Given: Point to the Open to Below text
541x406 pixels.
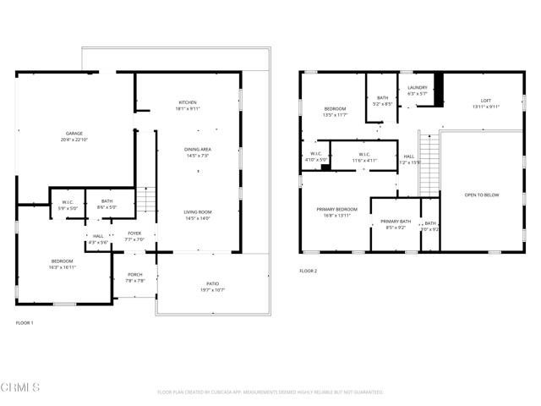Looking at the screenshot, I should (482, 195).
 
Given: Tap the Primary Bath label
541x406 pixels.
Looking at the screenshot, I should (395, 223).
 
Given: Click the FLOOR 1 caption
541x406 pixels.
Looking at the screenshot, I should (25, 323).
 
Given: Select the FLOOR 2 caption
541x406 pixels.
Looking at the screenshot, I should (309, 271).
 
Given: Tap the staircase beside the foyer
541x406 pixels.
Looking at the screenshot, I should (147, 200).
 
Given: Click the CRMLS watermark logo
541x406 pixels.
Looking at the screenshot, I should (21, 387).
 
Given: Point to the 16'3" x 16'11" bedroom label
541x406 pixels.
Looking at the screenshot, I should (62, 263).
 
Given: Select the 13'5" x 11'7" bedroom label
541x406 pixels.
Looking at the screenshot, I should (336, 112).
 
